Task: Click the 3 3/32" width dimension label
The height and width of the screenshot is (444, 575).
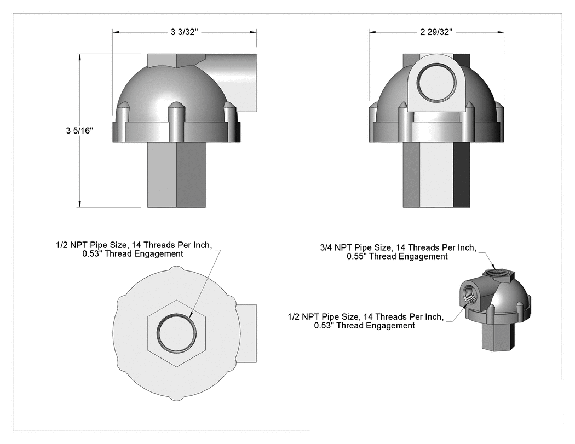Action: tap(184, 32)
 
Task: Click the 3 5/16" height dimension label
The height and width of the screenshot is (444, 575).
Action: tap(79, 130)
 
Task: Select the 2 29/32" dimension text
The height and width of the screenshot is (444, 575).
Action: tap(436, 32)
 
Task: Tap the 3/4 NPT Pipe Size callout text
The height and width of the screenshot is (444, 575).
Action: tap(398, 248)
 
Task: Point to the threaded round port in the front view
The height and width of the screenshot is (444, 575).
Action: tap(437, 82)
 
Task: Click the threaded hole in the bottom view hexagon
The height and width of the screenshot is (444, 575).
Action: tap(176, 333)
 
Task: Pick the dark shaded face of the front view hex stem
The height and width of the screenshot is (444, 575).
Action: tap(462, 175)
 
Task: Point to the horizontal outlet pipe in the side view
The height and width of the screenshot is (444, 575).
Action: tap(231, 83)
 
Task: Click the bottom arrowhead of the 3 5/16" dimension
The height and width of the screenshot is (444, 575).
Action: tap(79, 204)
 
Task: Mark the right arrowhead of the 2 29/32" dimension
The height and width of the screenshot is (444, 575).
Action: tap(501, 32)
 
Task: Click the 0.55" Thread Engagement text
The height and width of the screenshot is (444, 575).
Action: tap(397, 257)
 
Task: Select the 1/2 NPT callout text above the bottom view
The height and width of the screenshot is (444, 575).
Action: tap(134, 249)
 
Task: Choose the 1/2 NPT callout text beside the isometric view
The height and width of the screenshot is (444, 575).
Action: tap(366, 321)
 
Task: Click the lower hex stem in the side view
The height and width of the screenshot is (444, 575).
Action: tap(176, 175)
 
